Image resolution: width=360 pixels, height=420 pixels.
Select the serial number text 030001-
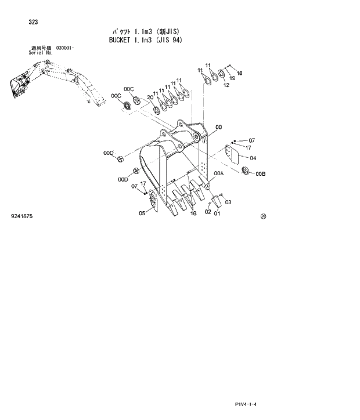tap(66, 48)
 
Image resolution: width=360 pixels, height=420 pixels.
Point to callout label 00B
tap(260, 173)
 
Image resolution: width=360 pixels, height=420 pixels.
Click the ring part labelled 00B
tap(244, 171)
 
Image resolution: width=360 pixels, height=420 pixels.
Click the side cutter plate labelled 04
tap(232, 154)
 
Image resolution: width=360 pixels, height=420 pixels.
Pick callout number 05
tap(142, 213)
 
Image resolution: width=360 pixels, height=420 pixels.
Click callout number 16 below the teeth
tap(193, 213)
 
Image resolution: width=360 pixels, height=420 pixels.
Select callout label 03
tap(228, 202)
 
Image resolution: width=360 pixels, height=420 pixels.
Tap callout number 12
tap(226, 85)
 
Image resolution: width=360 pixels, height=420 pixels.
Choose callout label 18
tap(239, 73)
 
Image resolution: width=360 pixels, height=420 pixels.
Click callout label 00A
tap(218, 173)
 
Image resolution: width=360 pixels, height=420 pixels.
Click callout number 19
tap(232, 78)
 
